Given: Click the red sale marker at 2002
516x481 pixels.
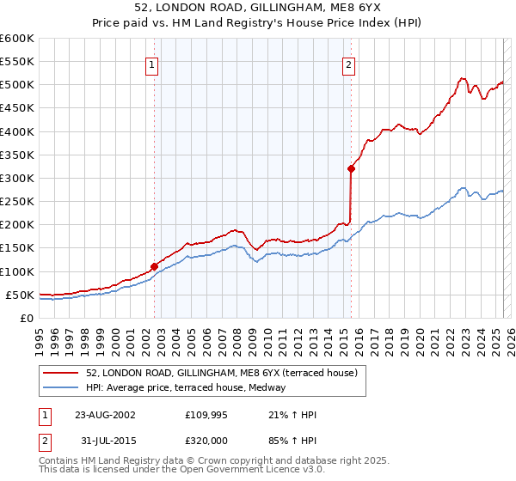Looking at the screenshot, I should (x=155, y=266).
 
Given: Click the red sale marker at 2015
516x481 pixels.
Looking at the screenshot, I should (x=351, y=168).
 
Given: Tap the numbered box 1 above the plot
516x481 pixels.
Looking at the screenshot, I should (x=152, y=64).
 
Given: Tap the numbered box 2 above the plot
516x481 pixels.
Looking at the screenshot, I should (x=349, y=64).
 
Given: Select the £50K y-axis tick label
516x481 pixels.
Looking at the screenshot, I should (x=20, y=295).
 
